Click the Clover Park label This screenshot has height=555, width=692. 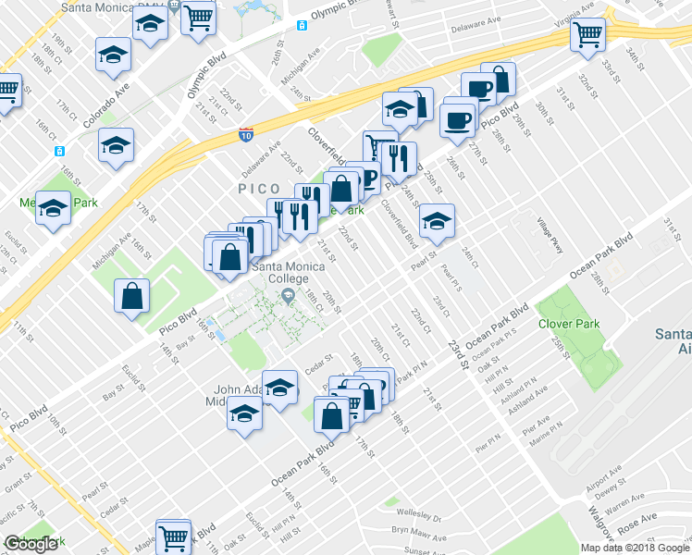tap(568, 324)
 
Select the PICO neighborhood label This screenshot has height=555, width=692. tap(259, 189)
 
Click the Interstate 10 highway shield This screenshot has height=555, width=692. tap(246, 135)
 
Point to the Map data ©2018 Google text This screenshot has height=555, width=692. tap(635, 548)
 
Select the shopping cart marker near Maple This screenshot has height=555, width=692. tap(173, 536)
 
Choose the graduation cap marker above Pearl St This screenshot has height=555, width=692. tap(437, 220)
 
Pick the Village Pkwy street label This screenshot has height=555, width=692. tap(550, 235)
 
